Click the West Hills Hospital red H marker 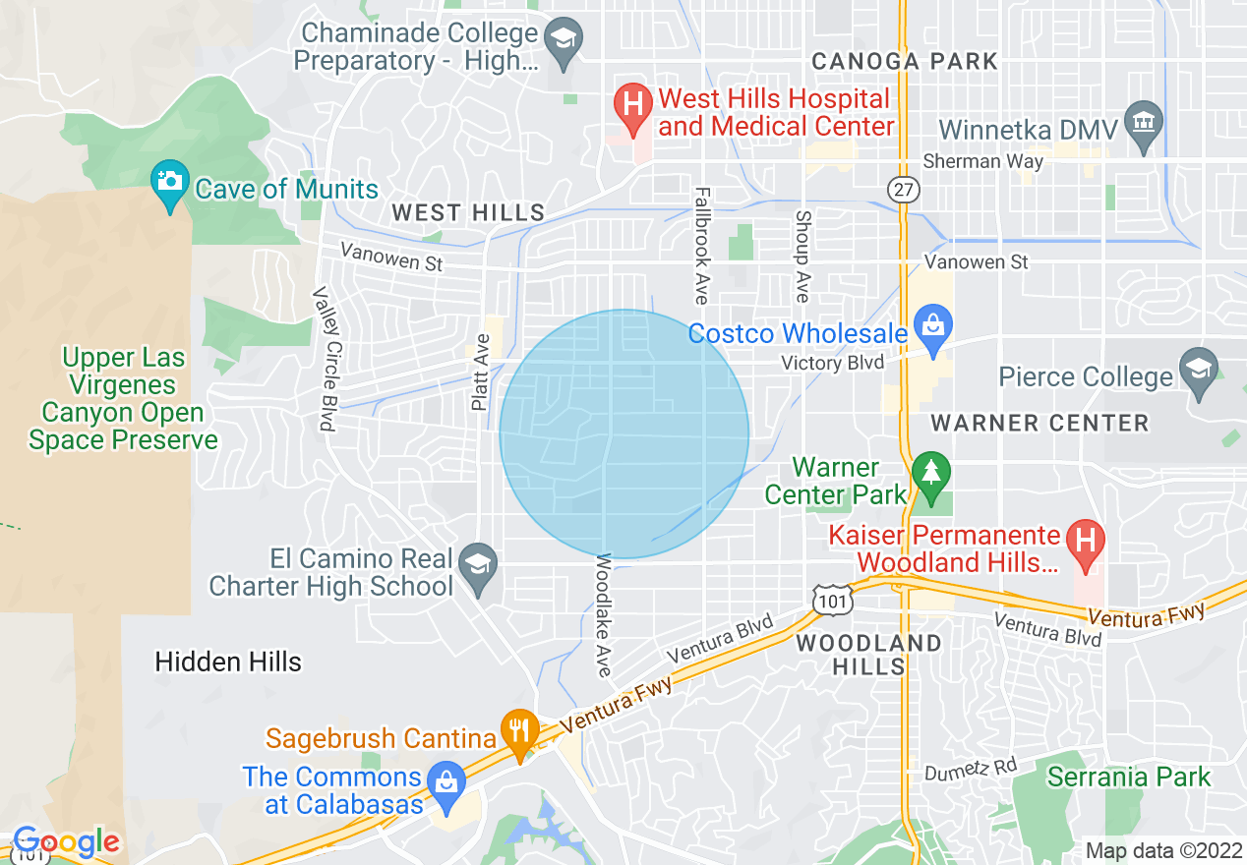(x=633, y=102)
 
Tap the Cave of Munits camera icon (x=170, y=182)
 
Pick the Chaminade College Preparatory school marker (x=563, y=39)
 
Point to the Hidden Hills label (x=228, y=662)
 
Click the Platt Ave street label (x=480, y=373)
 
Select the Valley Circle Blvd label (x=324, y=359)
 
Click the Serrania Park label (x=1129, y=777)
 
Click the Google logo (x=65, y=841)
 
